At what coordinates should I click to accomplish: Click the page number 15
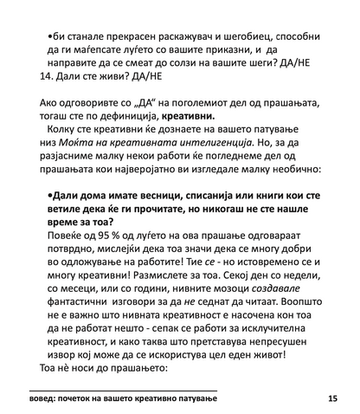click(x=333, y=398)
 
